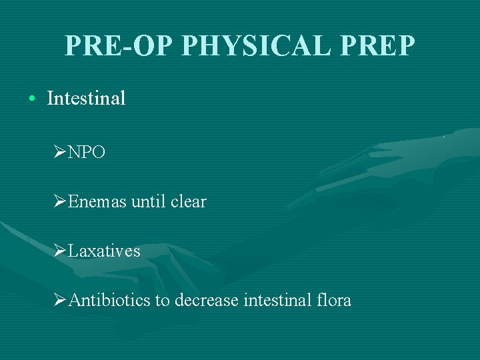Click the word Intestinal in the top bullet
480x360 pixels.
coord(86,99)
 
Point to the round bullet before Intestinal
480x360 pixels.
coord(32,99)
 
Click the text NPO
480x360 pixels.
coord(86,152)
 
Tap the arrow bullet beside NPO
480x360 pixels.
coord(59,152)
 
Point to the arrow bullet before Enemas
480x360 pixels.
coord(59,201)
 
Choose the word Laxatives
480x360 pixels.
coord(104,251)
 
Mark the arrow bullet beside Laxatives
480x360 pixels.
coord(59,251)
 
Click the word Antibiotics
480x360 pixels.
coord(109,301)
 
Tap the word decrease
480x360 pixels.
coord(206,301)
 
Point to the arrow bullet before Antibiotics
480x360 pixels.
coord(59,301)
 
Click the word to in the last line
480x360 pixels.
coord(163,301)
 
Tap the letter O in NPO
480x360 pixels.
coord(97,152)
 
